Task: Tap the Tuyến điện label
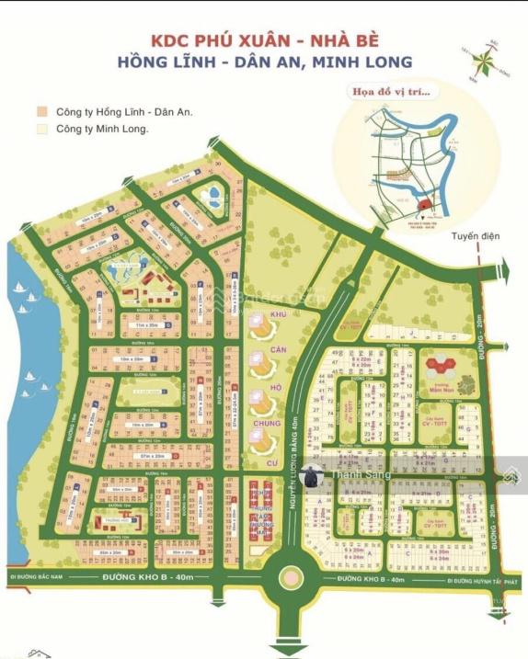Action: coord(476,236)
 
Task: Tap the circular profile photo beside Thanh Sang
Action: coord(312,475)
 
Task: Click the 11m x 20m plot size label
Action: coord(133,325)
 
